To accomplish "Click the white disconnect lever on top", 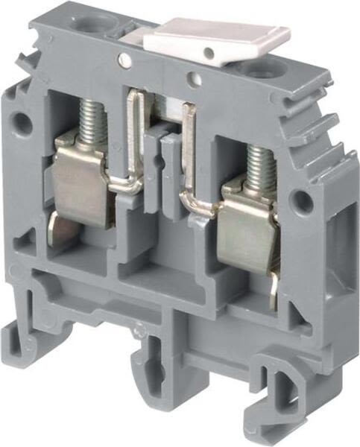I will (224, 41).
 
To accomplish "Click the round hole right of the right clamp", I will (301, 200).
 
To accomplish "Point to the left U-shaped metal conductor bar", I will (133, 142).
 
